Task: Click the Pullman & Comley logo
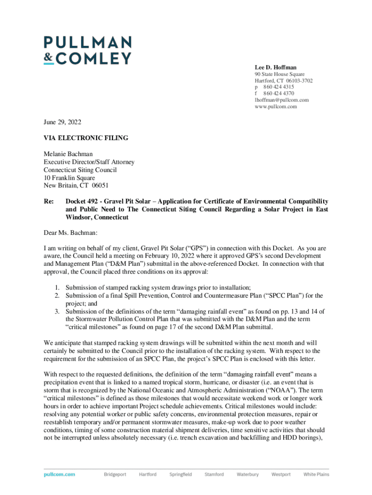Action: click(x=87, y=50)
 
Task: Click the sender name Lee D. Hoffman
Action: click(x=276, y=67)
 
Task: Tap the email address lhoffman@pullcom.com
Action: click(x=282, y=100)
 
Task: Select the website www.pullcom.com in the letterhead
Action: click(x=276, y=106)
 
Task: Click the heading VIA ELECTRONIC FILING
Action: click(x=86, y=138)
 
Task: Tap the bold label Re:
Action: click(x=48, y=201)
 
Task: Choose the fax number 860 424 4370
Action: click(x=278, y=93)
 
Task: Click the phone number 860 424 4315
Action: click(x=278, y=87)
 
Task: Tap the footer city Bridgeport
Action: click(x=115, y=474)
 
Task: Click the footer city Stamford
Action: click(x=214, y=474)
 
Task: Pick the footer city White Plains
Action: click(x=316, y=474)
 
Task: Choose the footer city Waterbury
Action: click(x=247, y=474)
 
